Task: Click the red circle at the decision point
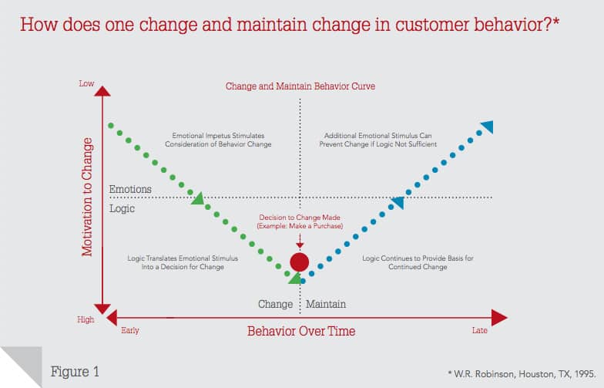[300, 262]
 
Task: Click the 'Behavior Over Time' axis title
[301, 331]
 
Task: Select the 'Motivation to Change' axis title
[87, 197]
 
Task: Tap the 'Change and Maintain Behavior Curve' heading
[300, 86]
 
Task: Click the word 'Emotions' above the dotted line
[130, 190]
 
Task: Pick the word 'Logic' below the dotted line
[122, 208]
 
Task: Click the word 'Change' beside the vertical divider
[275, 304]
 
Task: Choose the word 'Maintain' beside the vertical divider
[326, 304]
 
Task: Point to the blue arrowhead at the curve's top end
[487, 127]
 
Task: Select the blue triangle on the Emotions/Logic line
[398, 203]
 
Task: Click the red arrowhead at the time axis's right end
[498, 317]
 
